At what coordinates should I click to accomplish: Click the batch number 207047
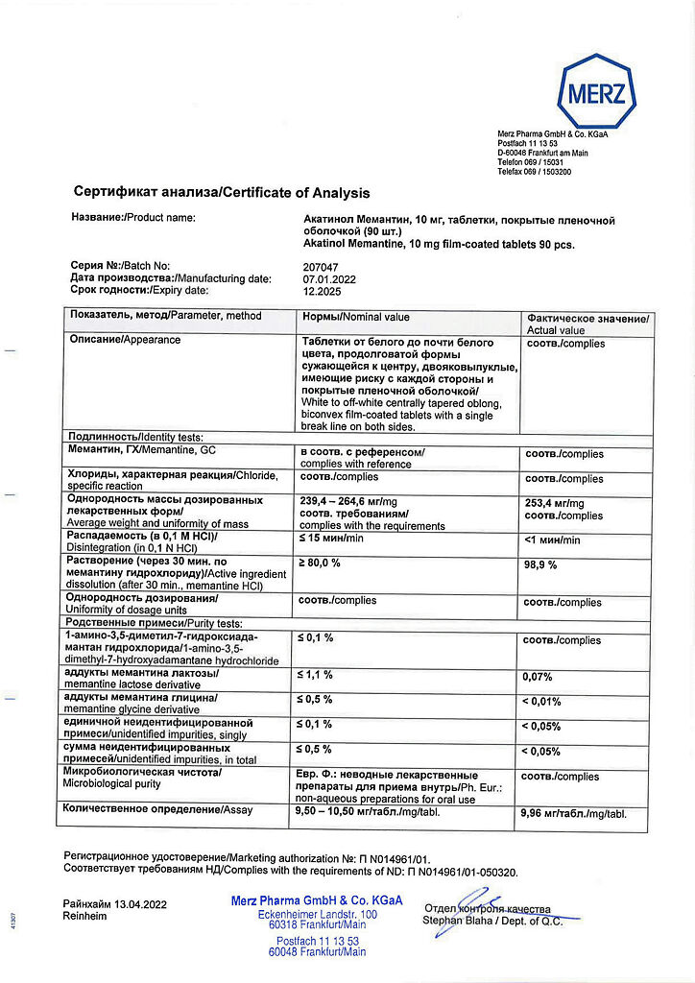(x=322, y=265)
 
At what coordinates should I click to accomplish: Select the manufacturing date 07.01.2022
(x=329, y=278)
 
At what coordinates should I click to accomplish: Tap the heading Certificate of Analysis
(x=222, y=193)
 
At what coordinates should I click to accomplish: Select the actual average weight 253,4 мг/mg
(x=553, y=503)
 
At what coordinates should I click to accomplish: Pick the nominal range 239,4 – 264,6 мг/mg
(x=348, y=501)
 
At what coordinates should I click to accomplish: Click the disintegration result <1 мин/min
(x=552, y=540)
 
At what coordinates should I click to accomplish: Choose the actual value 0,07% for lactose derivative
(x=538, y=677)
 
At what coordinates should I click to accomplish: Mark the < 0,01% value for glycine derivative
(x=541, y=702)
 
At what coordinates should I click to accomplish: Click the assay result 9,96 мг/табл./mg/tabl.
(x=573, y=813)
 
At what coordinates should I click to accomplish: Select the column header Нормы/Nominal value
(x=355, y=317)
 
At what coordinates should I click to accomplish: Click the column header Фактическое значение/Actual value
(x=587, y=324)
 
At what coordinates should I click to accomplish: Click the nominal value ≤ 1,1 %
(x=316, y=675)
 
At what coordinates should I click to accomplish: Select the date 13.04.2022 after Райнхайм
(x=141, y=903)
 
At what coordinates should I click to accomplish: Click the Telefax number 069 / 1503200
(x=548, y=172)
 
